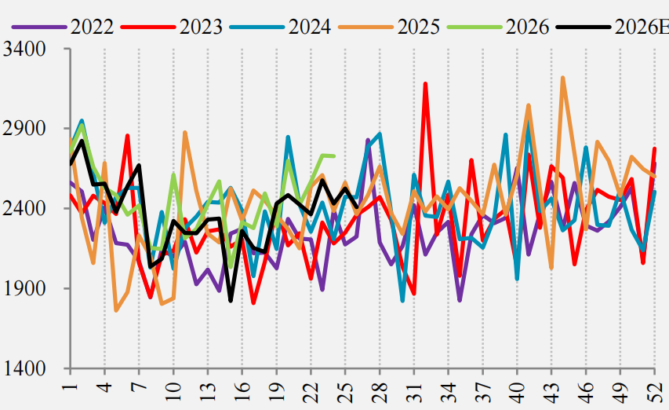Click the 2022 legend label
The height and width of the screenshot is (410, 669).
[x=92, y=27]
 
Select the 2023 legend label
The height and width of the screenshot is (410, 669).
[x=201, y=27]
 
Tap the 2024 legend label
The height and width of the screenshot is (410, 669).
[x=309, y=27]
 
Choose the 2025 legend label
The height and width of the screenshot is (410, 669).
[x=418, y=27]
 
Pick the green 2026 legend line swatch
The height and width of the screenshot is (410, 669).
[x=474, y=27]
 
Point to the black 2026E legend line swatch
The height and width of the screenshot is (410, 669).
[x=584, y=27]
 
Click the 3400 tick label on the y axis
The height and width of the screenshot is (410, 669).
[x=24, y=49]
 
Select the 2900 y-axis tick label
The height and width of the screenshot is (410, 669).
[x=24, y=128]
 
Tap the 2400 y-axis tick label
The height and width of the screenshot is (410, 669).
[x=24, y=208]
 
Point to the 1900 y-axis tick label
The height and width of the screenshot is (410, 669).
[x=24, y=288]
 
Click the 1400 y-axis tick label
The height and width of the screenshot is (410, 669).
[x=24, y=368]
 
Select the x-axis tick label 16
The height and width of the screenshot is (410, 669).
[x=242, y=390]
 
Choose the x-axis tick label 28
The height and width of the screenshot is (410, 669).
[x=380, y=390]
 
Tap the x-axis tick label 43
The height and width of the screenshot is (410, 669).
[x=551, y=390]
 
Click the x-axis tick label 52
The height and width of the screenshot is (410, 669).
[x=655, y=390]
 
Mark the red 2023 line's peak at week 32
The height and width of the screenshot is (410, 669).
[x=425, y=84]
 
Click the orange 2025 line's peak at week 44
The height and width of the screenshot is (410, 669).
[x=563, y=79]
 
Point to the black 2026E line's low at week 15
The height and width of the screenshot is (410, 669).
[x=231, y=301]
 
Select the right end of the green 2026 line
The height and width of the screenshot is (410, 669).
[x=334, y=156]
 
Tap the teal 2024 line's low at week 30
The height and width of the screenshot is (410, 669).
[x=403, y=301]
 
